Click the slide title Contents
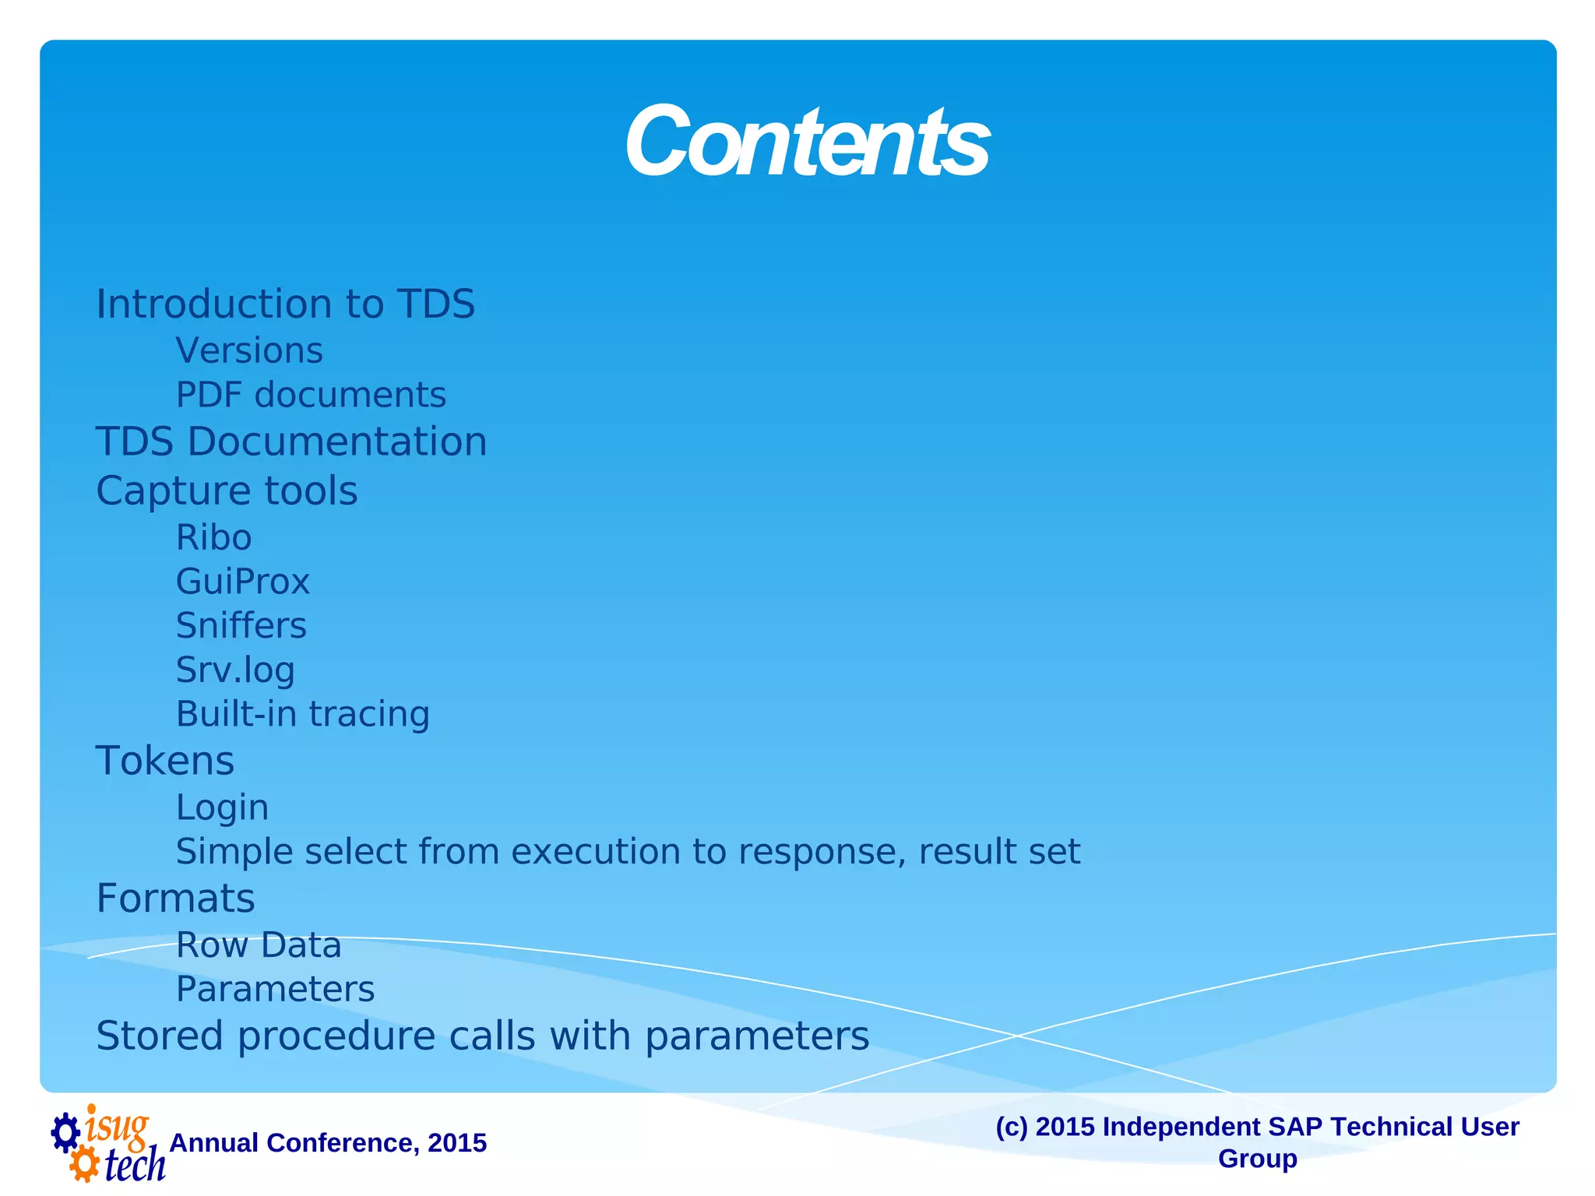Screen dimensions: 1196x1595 807,142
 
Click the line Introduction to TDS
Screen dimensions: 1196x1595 285,304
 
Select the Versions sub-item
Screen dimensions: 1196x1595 249,350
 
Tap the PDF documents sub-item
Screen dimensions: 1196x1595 311,395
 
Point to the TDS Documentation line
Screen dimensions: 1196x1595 291,441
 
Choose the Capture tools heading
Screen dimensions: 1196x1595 227,491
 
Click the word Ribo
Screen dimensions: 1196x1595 213,537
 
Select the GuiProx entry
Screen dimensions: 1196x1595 243,582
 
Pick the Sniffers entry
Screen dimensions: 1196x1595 241,626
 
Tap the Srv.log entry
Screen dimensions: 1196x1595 235,670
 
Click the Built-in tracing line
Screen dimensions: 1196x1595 303,714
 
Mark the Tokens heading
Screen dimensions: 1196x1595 165,761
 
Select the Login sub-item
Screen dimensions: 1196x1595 222,807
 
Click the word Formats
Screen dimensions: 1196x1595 175,899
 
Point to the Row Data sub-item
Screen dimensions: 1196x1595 259,945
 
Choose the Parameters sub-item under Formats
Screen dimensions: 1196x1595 275,990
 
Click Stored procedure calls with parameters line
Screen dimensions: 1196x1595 482,1036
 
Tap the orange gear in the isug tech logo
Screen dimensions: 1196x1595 84,1165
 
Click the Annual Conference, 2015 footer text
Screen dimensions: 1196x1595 328,1143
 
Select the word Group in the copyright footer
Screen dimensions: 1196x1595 1257,1159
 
